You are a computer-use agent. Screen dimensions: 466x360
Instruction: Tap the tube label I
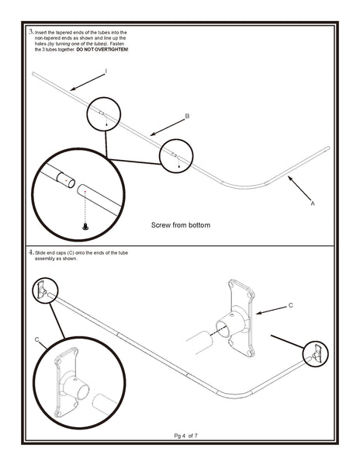click(x=106, y=71)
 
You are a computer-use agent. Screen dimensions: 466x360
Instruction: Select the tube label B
click(x=187, y=116)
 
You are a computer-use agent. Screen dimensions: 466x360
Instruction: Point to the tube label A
click(x=312, y=203)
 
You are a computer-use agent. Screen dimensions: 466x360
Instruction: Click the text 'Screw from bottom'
click(x=180, y=225)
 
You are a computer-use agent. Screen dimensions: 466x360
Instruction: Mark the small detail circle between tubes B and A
click(x=176, y=156)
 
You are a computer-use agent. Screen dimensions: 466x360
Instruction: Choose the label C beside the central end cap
click(x=290, y=305)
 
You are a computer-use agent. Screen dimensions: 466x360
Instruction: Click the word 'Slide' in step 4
click(x=42, y=253)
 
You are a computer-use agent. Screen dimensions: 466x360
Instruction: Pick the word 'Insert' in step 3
click(x=43, y=32)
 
